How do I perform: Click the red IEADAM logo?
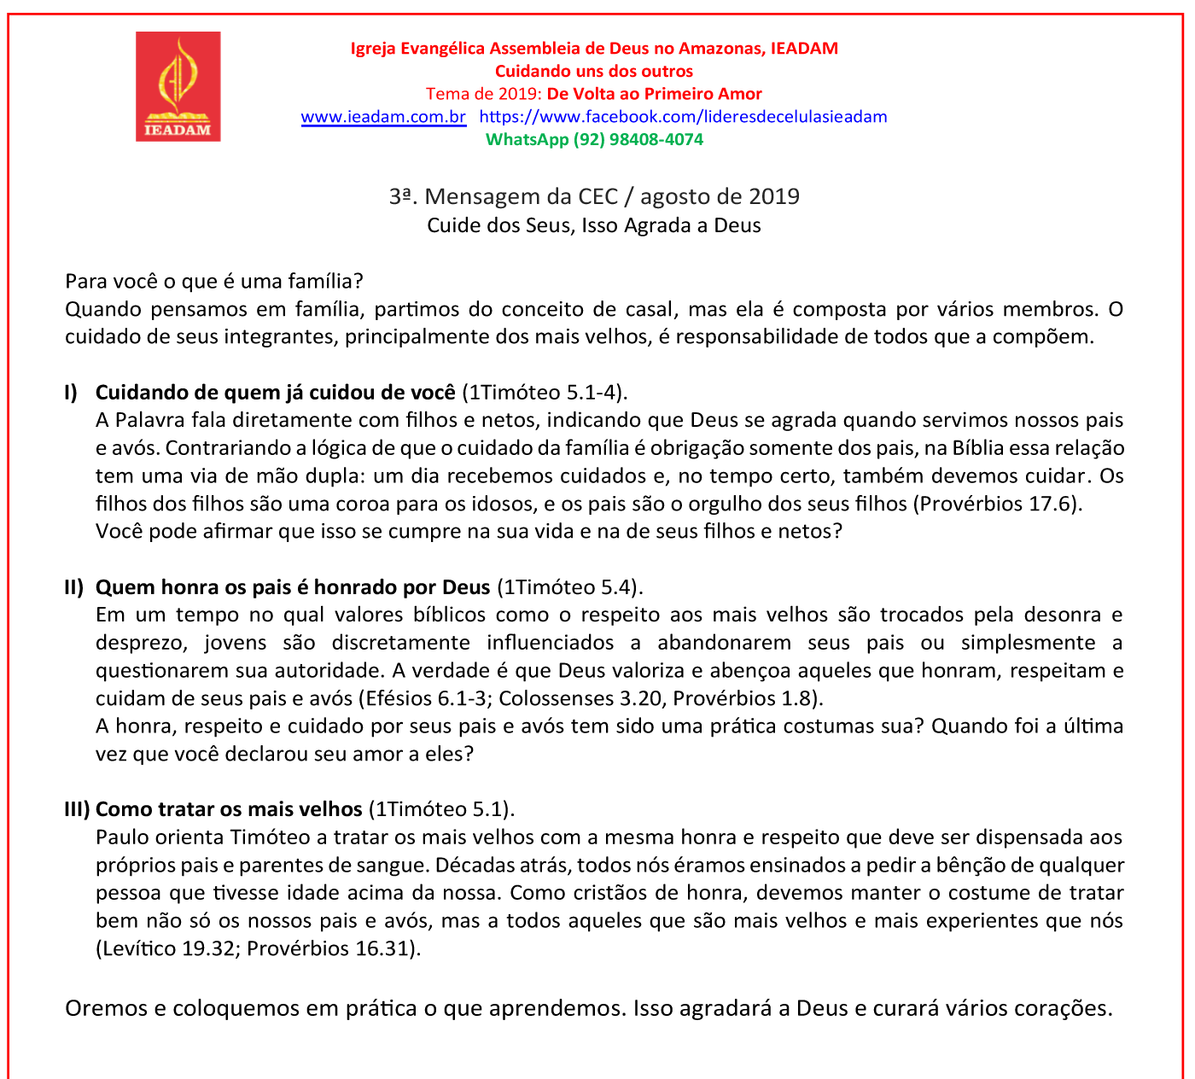coord(178,86)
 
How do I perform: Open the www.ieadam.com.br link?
coord(383,117)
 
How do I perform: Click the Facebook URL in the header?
coord(683,117)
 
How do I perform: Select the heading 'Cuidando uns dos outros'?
coord(594,72)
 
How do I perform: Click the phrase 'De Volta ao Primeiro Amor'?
coord(654,94)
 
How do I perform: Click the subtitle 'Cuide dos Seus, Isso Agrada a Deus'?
coord(594,225)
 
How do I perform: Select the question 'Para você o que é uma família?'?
coord(214,281)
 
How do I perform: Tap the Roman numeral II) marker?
coord(74,587)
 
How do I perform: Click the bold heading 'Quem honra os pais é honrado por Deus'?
coord(293,587)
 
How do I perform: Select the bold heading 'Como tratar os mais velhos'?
coord(229,809)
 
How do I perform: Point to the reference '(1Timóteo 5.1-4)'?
coord(545,393)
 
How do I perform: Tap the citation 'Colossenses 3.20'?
coord(580,698)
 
